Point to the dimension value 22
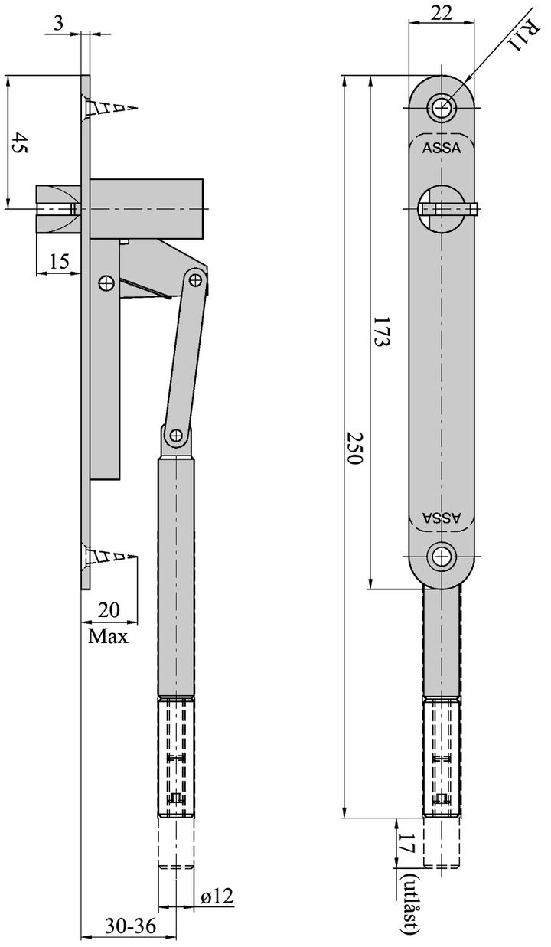coord(440,13)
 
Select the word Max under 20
coord(108,636)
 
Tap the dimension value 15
coord(58,262)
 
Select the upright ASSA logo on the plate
coord(442,149)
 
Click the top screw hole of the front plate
coord(441,108)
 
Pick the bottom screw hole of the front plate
coord(441,557)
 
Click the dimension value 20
coord(109,610)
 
